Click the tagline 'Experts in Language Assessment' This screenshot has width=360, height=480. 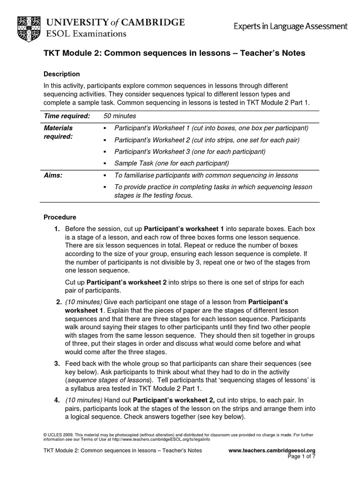(291, 27)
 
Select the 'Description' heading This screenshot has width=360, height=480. (61, 74)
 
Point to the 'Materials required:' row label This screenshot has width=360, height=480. (58, 132)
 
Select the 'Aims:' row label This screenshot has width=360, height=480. (53, 175)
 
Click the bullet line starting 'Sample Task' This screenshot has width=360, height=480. (171, 163)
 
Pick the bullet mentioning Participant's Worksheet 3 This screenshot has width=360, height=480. (190, 151)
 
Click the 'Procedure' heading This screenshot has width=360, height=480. (60, 217)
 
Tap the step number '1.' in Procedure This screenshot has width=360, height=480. (57, 229)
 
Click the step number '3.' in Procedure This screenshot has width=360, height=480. (57, 363)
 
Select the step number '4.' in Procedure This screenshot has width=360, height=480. (57, 400)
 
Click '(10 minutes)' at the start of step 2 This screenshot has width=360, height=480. (83, 301)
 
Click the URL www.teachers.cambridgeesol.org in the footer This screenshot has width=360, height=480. (272, 450)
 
